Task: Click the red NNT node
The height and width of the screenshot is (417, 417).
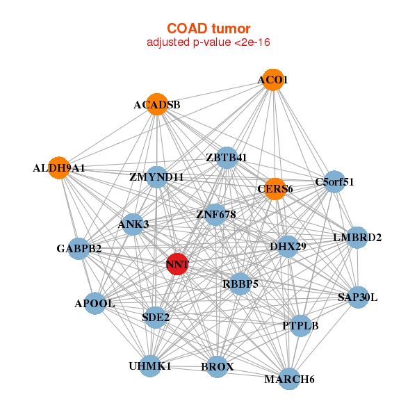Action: (177, 264)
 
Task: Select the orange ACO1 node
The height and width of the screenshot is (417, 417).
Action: (273, 80)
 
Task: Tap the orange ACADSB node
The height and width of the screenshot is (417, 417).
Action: (158, 105)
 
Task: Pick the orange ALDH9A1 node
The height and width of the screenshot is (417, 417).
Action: (60, 168)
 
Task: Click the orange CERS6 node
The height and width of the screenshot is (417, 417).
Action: (275, 189)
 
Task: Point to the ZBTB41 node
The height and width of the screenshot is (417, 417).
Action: (227, 158)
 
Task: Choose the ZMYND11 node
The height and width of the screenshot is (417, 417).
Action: (157, 177)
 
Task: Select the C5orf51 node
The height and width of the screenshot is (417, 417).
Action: (334, 182)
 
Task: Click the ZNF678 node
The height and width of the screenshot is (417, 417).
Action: (216, 215)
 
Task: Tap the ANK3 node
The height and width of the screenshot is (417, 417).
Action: (133, 224)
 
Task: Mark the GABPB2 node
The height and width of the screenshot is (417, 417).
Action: (79, 248)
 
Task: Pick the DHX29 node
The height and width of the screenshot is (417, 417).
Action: (288, 247)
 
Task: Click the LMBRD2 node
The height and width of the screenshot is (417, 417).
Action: (357, 238)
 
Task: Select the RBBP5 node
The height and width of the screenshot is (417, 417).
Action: (240, 284)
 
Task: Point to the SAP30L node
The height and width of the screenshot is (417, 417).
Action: (358, 297)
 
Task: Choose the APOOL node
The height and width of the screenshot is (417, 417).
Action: (95, 304)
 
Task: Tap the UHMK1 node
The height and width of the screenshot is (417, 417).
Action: (150, 366)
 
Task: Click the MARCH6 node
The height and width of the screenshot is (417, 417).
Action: (290, 379)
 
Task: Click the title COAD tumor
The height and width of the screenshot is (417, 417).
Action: (208, 28)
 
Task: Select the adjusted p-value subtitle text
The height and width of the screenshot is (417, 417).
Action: (208, 42)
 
